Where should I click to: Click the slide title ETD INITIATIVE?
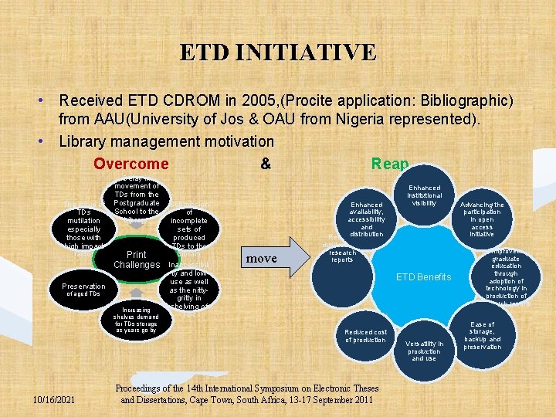[278, 53]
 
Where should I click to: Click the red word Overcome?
[131, 164]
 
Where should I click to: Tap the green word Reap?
[390, 164]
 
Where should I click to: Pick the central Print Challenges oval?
[136, 259]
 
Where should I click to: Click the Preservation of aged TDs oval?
[83, 290]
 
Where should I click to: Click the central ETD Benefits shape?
[423, 276]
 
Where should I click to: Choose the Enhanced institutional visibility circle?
[424, 195]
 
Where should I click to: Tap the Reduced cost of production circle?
[366, 336]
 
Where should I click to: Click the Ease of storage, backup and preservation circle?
[483, 336]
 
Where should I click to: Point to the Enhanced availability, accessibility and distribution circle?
[367, 219]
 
